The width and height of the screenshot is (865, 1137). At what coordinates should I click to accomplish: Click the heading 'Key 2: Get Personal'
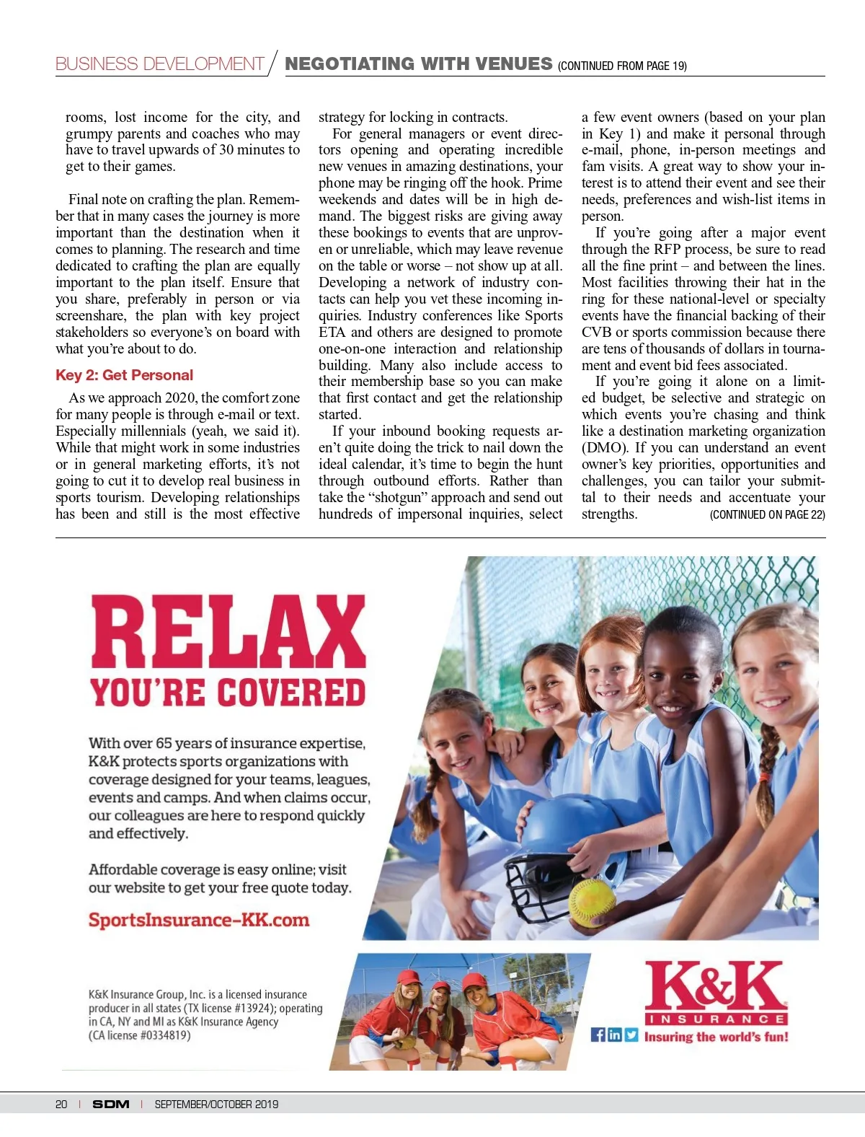coord(124,375)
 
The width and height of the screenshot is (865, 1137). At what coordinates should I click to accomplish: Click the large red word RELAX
coord(229,633)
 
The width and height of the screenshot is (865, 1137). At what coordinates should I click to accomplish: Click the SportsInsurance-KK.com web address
coord(198,921)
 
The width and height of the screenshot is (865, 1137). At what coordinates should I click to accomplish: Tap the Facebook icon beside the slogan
coord(598,1035)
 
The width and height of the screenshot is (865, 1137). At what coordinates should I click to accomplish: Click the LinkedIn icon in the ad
coord(614,1035)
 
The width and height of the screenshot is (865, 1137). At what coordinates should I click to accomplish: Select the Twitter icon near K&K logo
coord(631,1035)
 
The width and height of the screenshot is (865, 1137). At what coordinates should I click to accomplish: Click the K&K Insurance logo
coord(715,992)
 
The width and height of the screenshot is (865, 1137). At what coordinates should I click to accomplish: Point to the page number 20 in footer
coord(61,1105)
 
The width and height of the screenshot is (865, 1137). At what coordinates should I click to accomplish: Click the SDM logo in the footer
coord(111,1105)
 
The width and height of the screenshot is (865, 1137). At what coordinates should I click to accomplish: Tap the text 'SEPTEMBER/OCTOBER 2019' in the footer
coord(216,1105)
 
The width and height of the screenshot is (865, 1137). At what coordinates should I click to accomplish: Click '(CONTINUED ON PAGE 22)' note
coord(767,515)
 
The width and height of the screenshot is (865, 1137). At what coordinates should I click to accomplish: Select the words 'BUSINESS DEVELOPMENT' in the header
coord(159,64)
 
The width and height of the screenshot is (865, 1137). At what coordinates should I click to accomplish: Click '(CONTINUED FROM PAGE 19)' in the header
coord(622,66)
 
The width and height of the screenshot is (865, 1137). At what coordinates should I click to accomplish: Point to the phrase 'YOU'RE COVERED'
coord(228,693)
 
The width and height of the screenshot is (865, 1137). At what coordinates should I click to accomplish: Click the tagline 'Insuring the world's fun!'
coord(716,1037)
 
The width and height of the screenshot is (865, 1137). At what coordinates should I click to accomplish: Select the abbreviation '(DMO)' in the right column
coord(605,448)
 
